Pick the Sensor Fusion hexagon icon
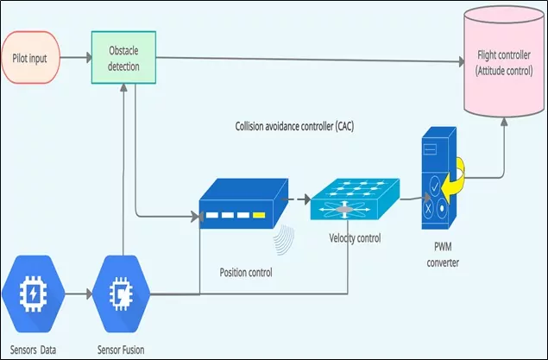(x=123, y=294)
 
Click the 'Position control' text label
(x=247, y=272)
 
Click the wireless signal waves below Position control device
(x=280, y=243)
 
